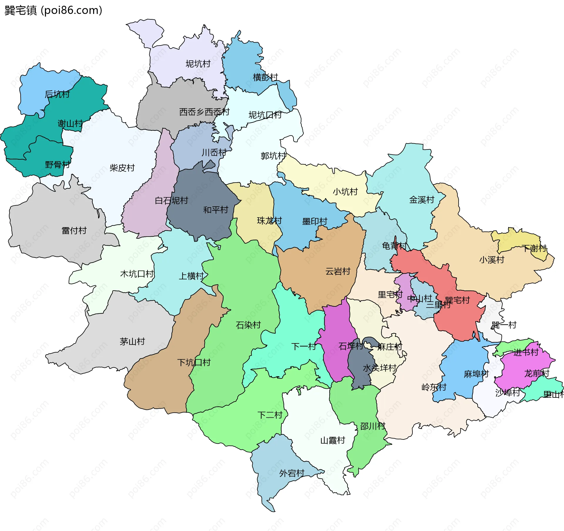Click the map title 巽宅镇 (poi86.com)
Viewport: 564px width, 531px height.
click(x=53, y=10)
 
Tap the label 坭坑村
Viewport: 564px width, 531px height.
click(x=198, y=64)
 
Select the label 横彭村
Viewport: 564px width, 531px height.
click(x=265, y=77)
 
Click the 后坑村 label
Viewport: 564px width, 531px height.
click(x=57, y=94)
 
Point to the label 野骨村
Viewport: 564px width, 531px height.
click(x=58, y=164)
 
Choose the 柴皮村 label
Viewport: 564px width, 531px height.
click(x=122, y=168)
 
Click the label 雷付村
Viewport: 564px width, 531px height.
click(x=74, y=230)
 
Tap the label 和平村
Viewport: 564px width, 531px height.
click(x=216, y=210)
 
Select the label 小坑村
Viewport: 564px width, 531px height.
click(x=345, y=192)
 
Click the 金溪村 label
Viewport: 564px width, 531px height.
click(x=422, y=200)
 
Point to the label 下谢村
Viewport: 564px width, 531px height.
click(x=534, y=248)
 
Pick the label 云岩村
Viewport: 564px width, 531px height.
click(x=338, y=271)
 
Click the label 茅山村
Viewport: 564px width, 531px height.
click(x=132, y=341)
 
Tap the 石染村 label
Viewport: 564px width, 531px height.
click(x=248, y=325)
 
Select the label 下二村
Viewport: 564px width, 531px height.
click(x=270, y=415)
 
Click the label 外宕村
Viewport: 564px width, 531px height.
click(x=292, y=473)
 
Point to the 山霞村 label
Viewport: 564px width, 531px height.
click(x=333, y=440)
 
